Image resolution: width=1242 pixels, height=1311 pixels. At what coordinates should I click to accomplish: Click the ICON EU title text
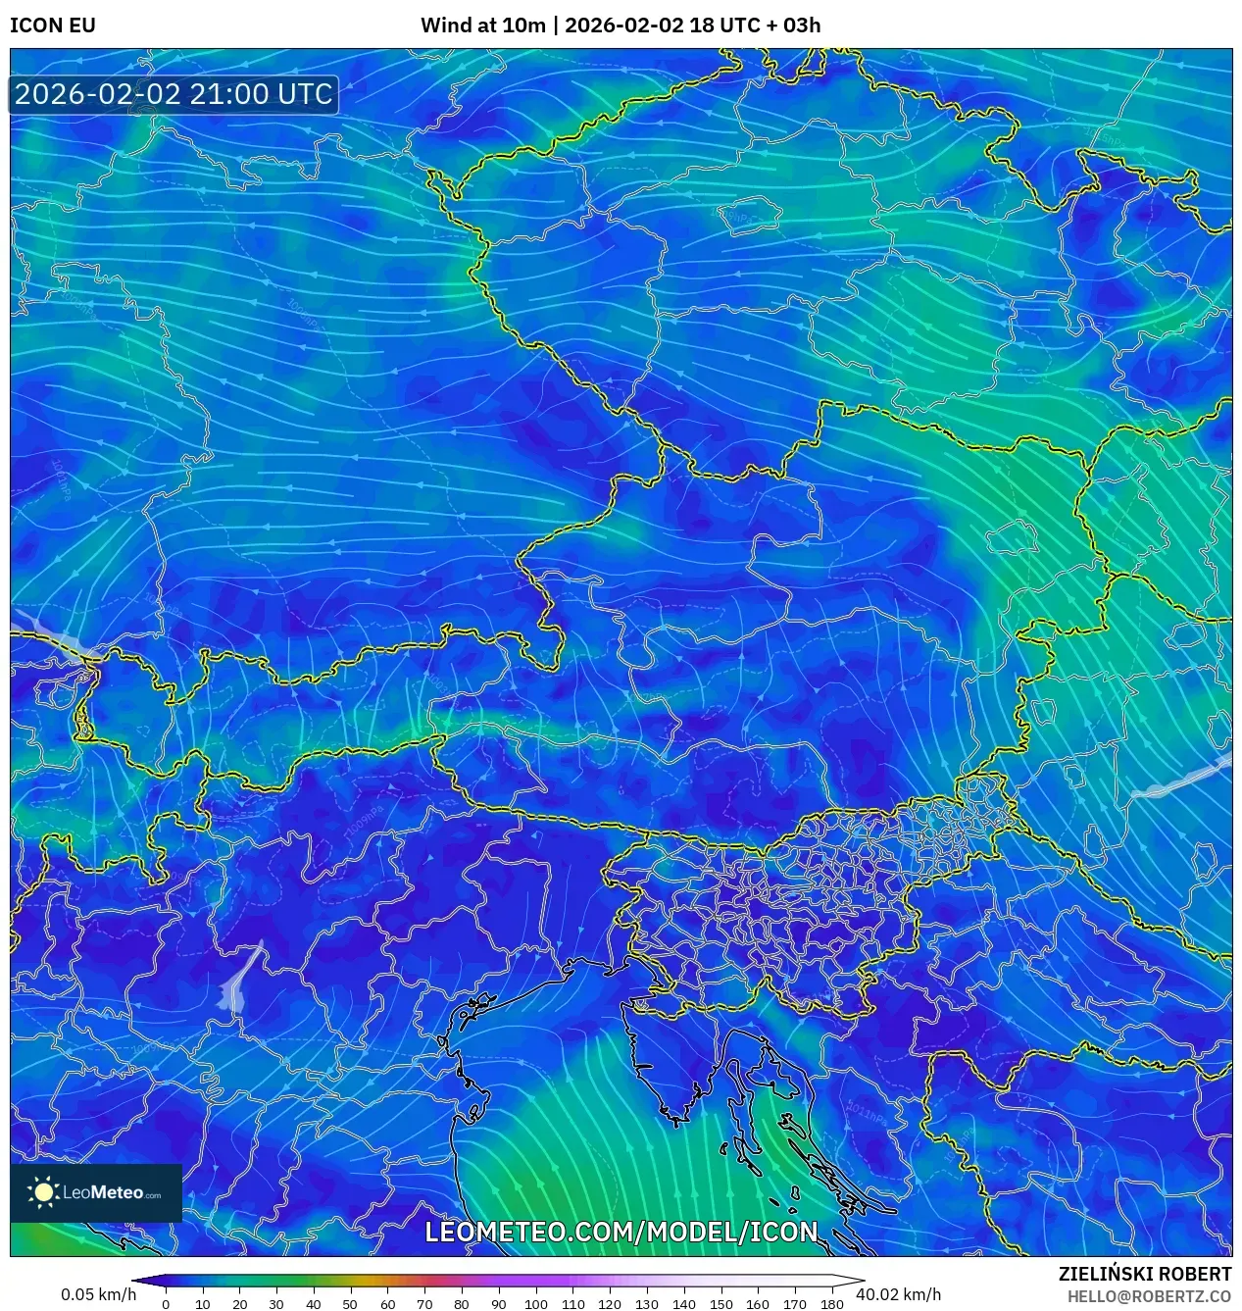[x=53, y=25]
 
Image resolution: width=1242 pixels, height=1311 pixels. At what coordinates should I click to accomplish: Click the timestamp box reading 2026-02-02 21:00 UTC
[x=174, y=94]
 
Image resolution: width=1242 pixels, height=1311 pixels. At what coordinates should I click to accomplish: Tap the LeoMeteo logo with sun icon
[x=95, y=1192]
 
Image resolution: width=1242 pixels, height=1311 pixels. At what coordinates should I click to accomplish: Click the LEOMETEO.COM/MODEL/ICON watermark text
[x=621, y=1232]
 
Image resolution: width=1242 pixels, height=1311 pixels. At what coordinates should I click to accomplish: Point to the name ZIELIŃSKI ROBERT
[x=1144, y=1274]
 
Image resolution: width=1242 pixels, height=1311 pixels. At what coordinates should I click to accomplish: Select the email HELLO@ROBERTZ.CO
[x=1149, y=1296]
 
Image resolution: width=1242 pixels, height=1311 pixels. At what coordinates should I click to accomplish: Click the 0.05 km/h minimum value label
[x=98, y=1294]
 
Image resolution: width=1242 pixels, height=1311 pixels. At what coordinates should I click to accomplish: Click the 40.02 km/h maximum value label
[x=898, y=1294]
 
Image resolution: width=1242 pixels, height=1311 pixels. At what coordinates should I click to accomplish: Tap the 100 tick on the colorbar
[x=535, y=1303]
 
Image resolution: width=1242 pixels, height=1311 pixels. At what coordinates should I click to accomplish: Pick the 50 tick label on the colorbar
[x=350, y=1303]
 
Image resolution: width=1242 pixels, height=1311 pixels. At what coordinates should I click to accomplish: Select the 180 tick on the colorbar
[x=831, y=1303]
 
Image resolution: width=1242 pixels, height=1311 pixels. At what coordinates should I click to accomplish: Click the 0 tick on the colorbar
[x=166, y=1303]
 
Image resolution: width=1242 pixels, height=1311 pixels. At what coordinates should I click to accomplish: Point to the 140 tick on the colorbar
[x=683, y=1303]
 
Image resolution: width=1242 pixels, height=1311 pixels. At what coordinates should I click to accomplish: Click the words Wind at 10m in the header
[x=482, y=25]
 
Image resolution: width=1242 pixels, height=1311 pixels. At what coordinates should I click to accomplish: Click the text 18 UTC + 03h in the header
[x=755, y=25]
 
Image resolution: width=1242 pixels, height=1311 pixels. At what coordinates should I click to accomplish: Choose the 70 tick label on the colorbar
[x=424, y=1303]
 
